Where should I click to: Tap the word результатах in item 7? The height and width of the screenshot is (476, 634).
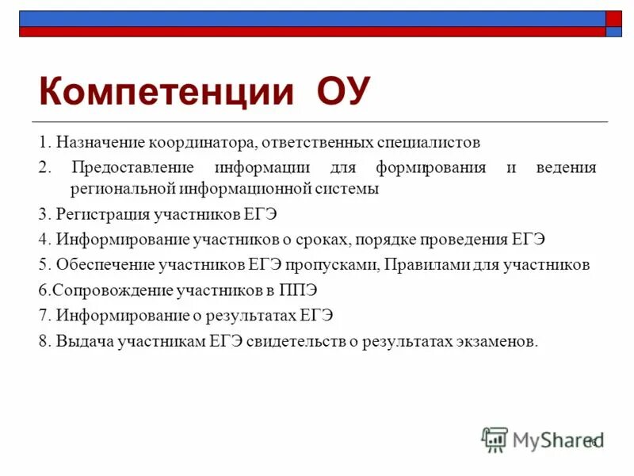coord(252,316)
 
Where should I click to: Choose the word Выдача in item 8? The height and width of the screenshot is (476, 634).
coord(81,341)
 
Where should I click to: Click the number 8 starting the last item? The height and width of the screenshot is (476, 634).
coord(43,341)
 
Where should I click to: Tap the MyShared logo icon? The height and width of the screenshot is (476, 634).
coord(495,439)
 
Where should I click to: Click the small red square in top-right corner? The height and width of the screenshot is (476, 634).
coord(614,18)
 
